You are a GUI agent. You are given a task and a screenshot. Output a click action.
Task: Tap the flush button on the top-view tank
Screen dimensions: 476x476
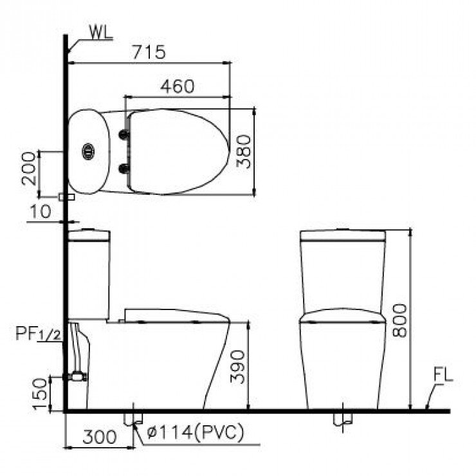point(88,152)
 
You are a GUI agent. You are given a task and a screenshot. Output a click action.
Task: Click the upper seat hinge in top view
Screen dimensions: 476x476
point(123,134)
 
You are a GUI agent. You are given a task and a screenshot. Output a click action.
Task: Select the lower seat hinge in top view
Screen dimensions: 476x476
point(123,170)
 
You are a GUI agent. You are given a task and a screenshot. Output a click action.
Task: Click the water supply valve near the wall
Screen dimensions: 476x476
point(77,376)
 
